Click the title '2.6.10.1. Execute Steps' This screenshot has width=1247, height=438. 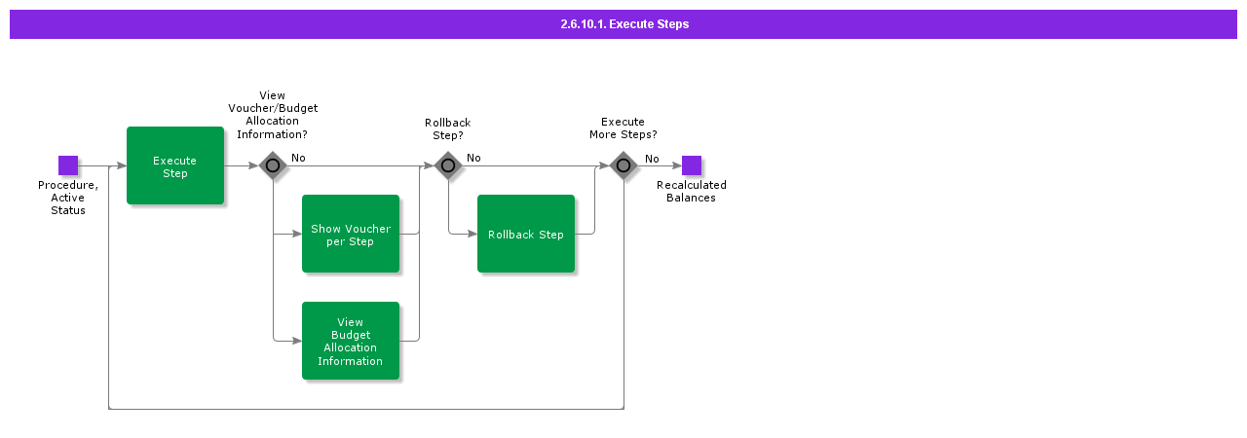623,24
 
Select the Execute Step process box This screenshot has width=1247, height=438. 175,165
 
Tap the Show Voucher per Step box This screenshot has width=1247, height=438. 351,234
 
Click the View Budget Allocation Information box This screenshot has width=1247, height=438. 351,341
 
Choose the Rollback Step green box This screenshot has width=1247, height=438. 526,234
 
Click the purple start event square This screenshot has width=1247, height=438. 68,165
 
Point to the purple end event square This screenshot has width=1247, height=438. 692,165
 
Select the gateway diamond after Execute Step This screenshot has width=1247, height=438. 273,165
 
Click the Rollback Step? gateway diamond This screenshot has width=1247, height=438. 448,165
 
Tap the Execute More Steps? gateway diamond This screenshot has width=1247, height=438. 623,165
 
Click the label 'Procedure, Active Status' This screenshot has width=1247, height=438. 68,198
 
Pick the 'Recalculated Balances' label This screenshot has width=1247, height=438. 692,192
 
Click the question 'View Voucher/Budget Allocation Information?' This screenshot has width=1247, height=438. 273,115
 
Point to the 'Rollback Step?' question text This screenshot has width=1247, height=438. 448,128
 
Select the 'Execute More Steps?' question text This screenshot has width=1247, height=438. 623,128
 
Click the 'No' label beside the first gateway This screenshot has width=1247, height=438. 298,158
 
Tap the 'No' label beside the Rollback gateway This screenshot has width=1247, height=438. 473,158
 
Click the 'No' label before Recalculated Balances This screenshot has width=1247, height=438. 652,159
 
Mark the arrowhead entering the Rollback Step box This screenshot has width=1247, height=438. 472,234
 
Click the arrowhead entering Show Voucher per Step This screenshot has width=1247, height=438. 297,234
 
